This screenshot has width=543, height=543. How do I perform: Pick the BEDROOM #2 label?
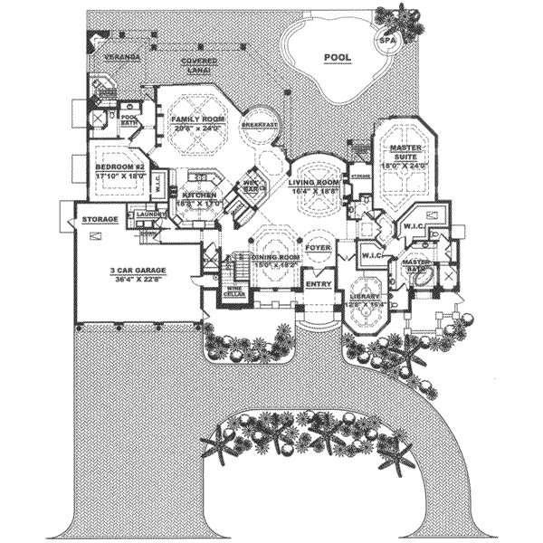[120, 168]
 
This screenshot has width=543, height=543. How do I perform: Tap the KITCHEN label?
[198, 195]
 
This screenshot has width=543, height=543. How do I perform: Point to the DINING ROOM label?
[276, 258]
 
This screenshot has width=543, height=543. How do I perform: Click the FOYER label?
[317, 246]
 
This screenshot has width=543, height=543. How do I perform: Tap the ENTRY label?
[319, 283]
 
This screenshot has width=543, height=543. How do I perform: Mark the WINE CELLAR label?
[233, 293]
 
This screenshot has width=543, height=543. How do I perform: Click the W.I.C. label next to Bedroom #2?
[156, 177]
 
